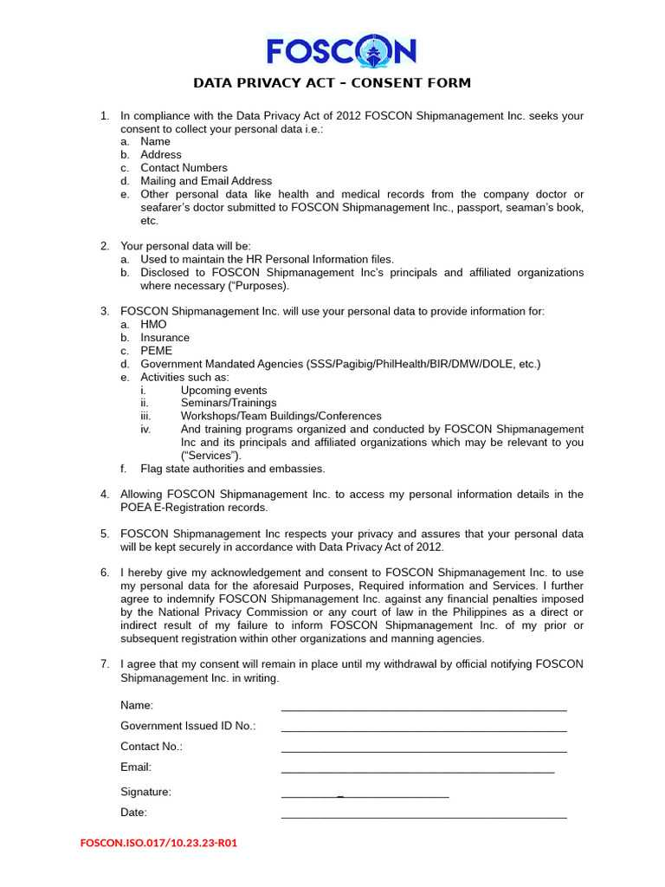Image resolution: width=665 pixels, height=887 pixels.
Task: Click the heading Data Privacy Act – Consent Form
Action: point(332,83)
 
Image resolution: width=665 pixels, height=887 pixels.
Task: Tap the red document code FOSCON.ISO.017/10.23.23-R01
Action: point(158,842)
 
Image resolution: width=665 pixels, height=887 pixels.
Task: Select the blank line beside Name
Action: point(423,709)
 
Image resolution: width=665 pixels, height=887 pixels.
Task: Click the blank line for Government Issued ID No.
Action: point(423,729)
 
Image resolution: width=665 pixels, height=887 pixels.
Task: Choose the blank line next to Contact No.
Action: point(423,750)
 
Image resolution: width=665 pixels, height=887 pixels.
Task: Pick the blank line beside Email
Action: point(417,770)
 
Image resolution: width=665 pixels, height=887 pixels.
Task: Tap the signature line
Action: point(365,795)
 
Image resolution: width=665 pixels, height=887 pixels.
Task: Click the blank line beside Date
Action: point(423,816)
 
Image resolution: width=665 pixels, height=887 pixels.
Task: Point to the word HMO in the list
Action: point(153,324)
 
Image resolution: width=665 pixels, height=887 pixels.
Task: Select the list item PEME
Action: point(157,351)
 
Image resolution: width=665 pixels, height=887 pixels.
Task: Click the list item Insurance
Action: point(165,338)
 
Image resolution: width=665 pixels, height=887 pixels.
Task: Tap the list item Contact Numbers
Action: point(184,168)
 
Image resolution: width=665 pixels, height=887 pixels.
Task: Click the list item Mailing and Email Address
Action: point(206,181)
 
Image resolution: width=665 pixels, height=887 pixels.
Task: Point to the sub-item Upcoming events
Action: point(223,390)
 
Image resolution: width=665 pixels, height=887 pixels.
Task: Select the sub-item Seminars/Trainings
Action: point(229,403)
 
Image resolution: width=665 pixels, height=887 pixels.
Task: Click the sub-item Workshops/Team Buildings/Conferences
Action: point(281,416)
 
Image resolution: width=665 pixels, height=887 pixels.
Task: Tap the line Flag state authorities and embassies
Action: point(233,469)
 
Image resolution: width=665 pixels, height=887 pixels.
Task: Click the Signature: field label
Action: point(145,792)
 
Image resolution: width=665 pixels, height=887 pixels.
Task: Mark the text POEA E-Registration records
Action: point(194,508)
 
